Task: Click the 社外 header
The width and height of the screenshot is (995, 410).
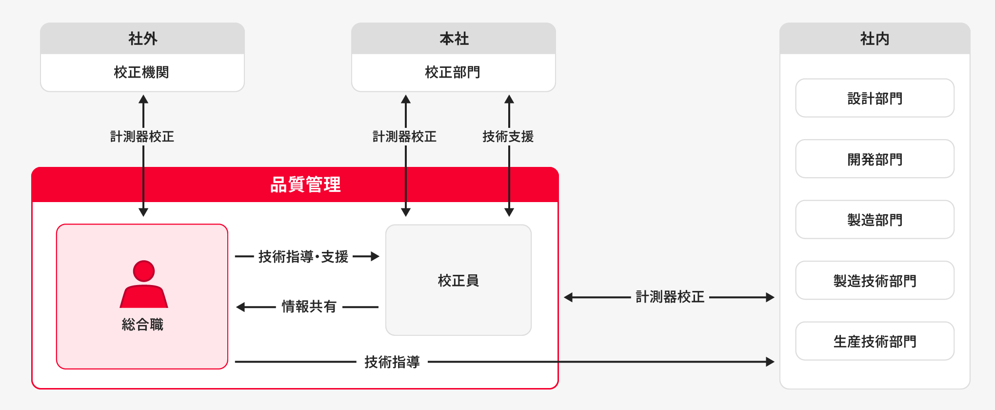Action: click(142, 39)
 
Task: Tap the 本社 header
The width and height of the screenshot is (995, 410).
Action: click(454, 39)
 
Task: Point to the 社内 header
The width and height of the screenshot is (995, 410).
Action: click(875, 39)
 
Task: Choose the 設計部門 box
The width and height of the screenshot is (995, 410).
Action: click(875, 98)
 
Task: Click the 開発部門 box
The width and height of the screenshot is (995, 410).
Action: click(875, 159)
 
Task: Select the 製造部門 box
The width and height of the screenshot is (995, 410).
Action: click(875, 220)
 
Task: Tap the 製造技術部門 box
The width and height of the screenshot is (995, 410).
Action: click(875, 281)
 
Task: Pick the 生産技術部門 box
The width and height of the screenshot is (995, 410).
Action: click(875, 341)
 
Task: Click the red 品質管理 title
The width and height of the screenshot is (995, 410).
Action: click(305, 184)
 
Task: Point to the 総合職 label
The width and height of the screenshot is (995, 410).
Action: click(142, 324)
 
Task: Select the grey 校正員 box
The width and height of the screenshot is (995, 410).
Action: click(458, 280)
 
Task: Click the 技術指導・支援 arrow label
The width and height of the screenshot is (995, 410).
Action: click(303, 256)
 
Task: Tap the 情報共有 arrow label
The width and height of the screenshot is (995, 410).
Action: click(309, 307)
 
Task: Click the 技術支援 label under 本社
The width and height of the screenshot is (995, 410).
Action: click(508, 136)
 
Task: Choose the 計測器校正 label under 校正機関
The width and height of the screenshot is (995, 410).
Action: click(142, 136)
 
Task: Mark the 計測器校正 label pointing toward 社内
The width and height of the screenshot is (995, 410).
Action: click(670, 297)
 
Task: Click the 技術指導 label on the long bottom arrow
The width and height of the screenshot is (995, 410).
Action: click(392, 362)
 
